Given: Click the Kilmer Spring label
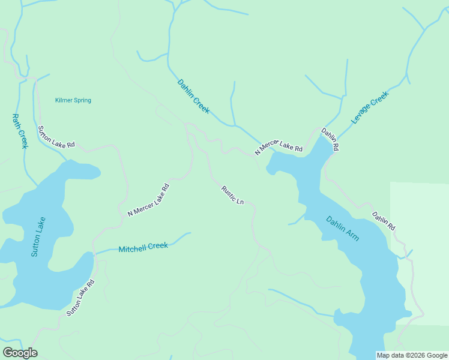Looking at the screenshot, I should coord(73,100).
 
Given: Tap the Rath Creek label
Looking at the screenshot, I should coord(20,131).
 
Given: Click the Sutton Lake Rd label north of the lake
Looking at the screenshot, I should coord(56,137).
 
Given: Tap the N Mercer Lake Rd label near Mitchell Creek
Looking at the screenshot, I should coord(149,200).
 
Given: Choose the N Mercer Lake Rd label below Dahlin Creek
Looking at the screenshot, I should coord(279,146).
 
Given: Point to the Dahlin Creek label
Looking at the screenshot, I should coord(193,97).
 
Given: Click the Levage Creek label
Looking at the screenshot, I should coord(370,107).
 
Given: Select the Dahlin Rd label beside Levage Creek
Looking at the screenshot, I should coord(330,139).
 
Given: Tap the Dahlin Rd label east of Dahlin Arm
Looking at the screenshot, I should coord(383,221).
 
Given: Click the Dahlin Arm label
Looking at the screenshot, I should coord(343,229).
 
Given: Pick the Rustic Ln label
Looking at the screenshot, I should coord(232,195).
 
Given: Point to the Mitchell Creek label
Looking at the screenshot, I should coord(143,247).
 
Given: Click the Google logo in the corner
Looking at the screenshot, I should coord(20,353).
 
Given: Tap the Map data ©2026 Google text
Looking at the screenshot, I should coord(412,355).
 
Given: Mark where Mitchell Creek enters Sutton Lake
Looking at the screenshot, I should coord(95,254).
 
